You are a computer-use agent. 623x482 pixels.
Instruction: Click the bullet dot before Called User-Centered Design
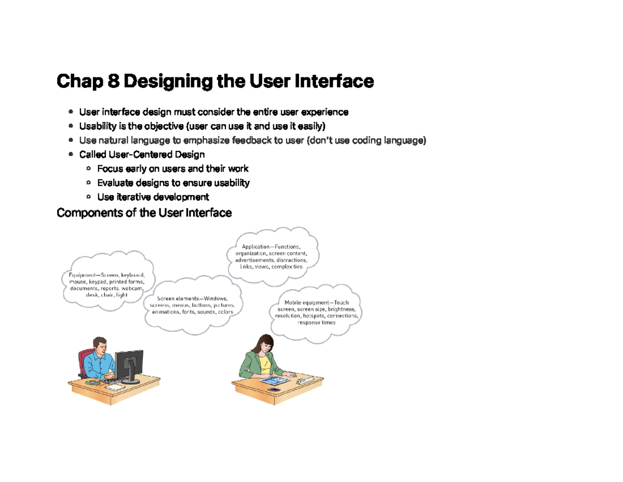[71, 154]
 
